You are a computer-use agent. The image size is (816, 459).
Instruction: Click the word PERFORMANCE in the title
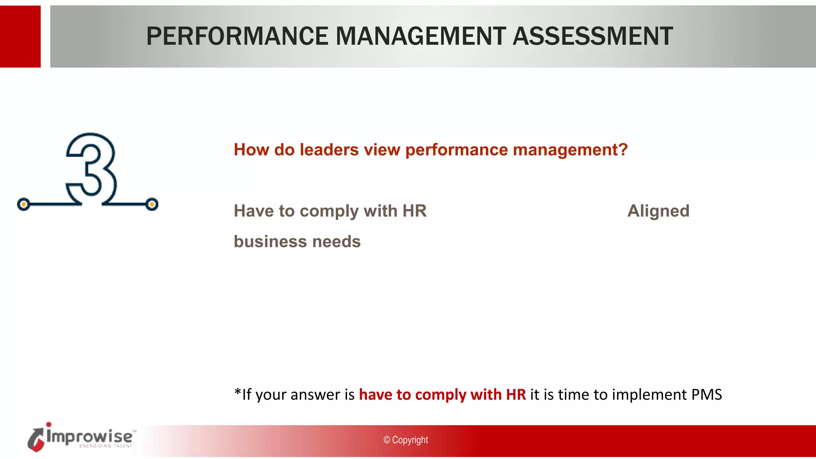[237, 36]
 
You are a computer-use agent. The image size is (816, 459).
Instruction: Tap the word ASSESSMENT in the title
[593, 36]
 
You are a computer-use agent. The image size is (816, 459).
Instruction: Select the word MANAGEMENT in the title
[421, 36]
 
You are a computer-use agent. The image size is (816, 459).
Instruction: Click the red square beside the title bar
[20, 36]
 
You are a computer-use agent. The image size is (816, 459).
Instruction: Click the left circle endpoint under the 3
[24, 204]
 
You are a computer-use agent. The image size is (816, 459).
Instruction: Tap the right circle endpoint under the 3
[152, 204]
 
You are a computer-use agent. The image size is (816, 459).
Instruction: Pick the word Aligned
[658, 211]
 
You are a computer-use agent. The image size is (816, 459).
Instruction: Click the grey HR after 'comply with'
[414, 211]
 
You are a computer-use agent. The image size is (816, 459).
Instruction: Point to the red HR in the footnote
[516, 394]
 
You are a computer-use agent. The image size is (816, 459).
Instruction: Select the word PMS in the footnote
[706, 394]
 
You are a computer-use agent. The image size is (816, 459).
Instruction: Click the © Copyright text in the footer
[406, 440]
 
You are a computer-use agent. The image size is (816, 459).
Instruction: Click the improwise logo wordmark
[89, 436]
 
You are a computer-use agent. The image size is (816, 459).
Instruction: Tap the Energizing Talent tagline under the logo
[106, 446]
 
